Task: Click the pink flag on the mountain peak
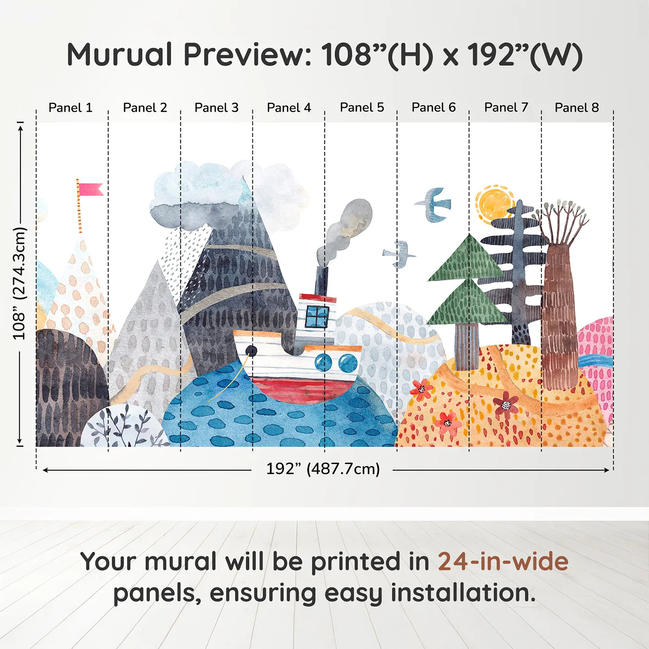pos(90,190)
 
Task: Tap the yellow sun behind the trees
pos(495,204)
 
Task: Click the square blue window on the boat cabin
pos(318,317)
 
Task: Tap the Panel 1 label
pos(70,108)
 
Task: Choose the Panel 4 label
pos(289,108)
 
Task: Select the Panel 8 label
pos(577,108)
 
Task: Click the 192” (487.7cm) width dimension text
pos(323,469)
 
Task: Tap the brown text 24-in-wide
pos(503,561)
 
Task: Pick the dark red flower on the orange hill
pos(506,405)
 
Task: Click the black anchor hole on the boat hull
pos(251,351)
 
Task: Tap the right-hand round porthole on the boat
pos(348,363)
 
